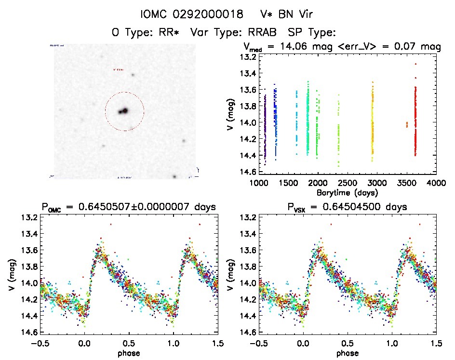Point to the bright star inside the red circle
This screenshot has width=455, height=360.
click(123, 111)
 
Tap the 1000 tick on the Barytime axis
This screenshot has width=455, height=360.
click(258, 184)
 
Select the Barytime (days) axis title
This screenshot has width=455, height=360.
click(347, 192)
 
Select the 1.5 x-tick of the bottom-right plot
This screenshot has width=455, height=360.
click(436, 344)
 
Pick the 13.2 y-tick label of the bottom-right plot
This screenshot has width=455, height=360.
click(247, 217)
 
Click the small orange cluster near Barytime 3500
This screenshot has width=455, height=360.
click(407, 124)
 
